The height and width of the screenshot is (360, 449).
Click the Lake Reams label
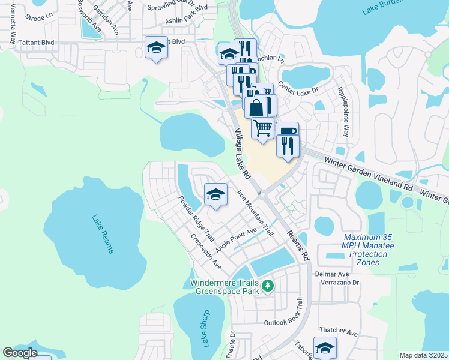(103, 234)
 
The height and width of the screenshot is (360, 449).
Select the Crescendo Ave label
(206, 252)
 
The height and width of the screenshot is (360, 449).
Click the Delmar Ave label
(328, 274)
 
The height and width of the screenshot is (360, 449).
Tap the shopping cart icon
(262, 128)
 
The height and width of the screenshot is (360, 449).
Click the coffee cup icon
(286, 131)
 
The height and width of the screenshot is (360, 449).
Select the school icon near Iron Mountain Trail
(215, 194)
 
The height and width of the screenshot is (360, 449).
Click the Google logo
(20, 353)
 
